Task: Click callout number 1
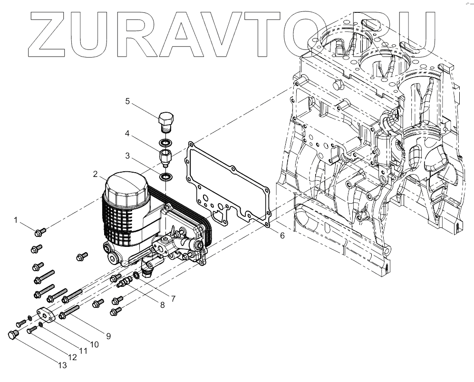coord(16,220)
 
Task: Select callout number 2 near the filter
coord(96,175)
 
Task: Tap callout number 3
coord(127,155)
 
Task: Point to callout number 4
coord(127,134)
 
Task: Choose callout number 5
coord(127,101)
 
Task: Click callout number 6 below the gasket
coord(282,235)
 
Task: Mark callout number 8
coord(162,305)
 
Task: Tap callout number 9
coord(108,336)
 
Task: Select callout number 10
coord(94,344)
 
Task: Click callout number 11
coord(83,351)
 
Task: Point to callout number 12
coord(73,357)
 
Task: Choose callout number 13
coord(62,365)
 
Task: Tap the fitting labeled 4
coord(164,157)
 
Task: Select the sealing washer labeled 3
coord(166,177)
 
